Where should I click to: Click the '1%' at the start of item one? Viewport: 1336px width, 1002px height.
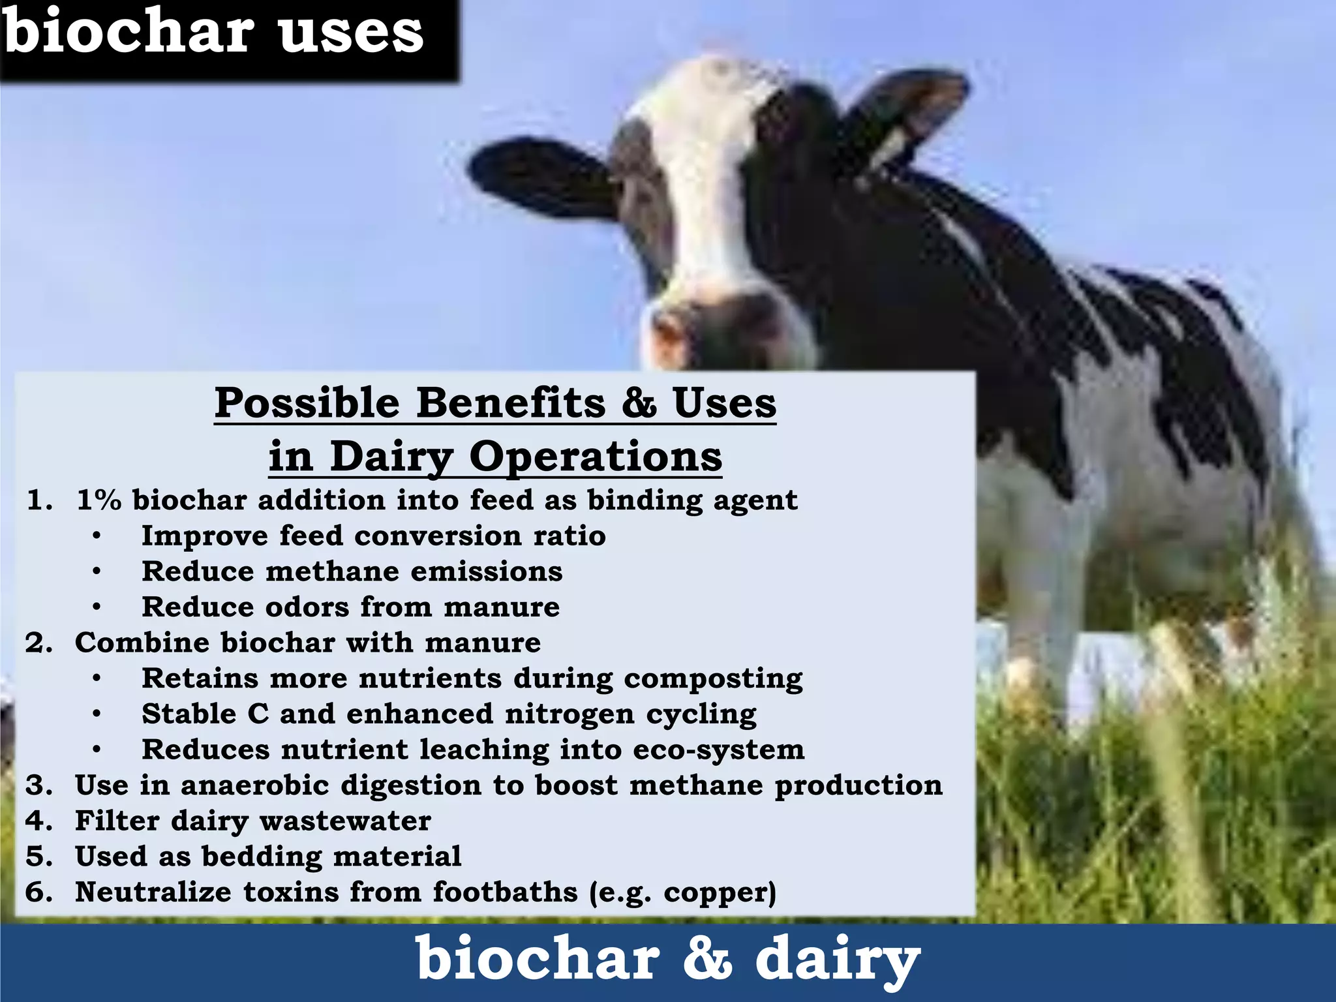pyautogui.click(x=99, y=500)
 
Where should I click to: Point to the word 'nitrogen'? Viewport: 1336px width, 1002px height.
pyautogui.click(x=569, y=714)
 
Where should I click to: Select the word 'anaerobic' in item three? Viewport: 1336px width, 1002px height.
pyautogui.click(x=254, y=785)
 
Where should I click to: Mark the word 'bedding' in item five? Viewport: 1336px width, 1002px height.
pyautogui.click(x=262, y=857)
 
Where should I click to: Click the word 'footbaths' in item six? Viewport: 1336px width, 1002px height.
pyautogui.click(x=505, y=892)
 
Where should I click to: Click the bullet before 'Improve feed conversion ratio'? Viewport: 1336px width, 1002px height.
pyautogui.click(x=97, y=537)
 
